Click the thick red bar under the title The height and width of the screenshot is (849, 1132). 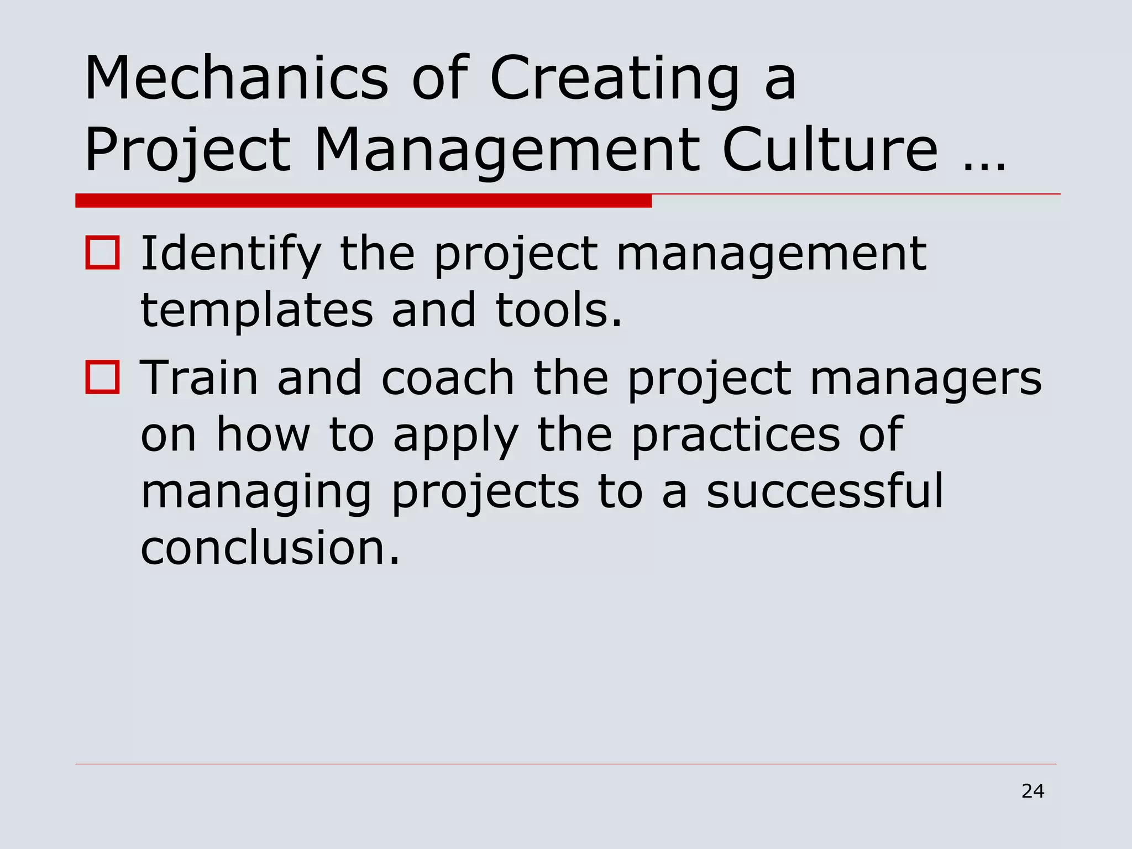(x=363, y=201)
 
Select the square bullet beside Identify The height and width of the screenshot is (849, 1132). (x=103, y=253)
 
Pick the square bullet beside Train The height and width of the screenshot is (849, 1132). (x=103, y=378)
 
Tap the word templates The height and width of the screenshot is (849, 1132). (x=257, y=311)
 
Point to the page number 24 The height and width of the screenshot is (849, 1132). (x=1033, y=792)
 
